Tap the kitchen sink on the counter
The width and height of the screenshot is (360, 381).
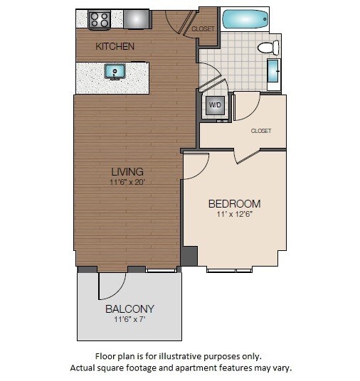tap(115, 71)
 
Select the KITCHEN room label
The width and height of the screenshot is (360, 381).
tap(115, 47)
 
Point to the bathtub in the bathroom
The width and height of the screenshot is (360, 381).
tap(245, 19)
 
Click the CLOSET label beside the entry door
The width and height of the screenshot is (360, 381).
tap(203, 29)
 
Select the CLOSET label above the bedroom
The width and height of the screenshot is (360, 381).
tap(261, 131)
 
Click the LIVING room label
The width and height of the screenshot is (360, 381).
tap(127, 171)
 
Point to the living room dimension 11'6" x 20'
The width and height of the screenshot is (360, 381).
tap(127, 182)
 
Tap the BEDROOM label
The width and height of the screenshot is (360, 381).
tap(234, 203)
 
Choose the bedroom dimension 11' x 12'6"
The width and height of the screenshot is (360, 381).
tap(234, 214)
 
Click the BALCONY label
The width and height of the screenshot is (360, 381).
tap(129, 309)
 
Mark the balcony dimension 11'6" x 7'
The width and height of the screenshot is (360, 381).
tap(129, 320)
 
